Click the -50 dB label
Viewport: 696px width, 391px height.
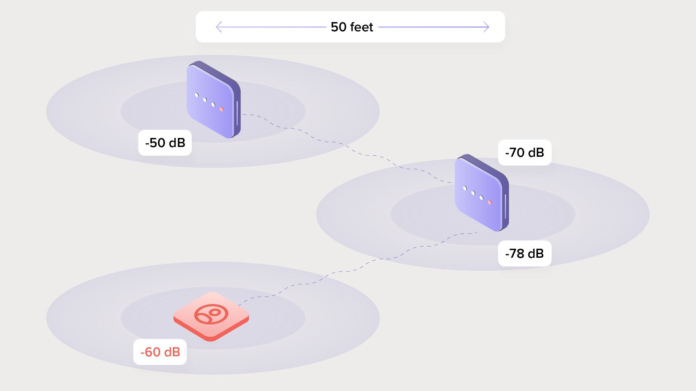click(165, 143)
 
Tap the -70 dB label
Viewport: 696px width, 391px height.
click(525, 152)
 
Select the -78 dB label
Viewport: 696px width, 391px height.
click(525, 253)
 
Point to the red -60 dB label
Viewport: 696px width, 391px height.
click(160, 352)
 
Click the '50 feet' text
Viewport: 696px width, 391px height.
click(352, 27)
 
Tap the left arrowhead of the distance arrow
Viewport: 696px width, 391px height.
click(218, 27)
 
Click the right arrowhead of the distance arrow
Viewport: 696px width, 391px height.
click(486, 27)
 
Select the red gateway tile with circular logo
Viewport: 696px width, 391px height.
click(211, 316)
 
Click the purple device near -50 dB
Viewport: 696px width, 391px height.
click(212, 100)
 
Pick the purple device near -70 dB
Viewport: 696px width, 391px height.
click(480, 193)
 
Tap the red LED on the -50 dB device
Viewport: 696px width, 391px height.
click(221, 109)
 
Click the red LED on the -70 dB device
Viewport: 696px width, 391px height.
click(490, 202)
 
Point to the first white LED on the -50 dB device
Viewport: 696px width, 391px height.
click(196, 95)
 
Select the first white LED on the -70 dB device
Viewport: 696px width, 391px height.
click(465, 188)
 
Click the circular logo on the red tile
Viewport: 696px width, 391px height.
click(211, 314)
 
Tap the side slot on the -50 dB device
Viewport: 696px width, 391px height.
click(237, 113)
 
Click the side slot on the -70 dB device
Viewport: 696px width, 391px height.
click(505, 206)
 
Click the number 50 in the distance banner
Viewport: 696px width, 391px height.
click(339, 27)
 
